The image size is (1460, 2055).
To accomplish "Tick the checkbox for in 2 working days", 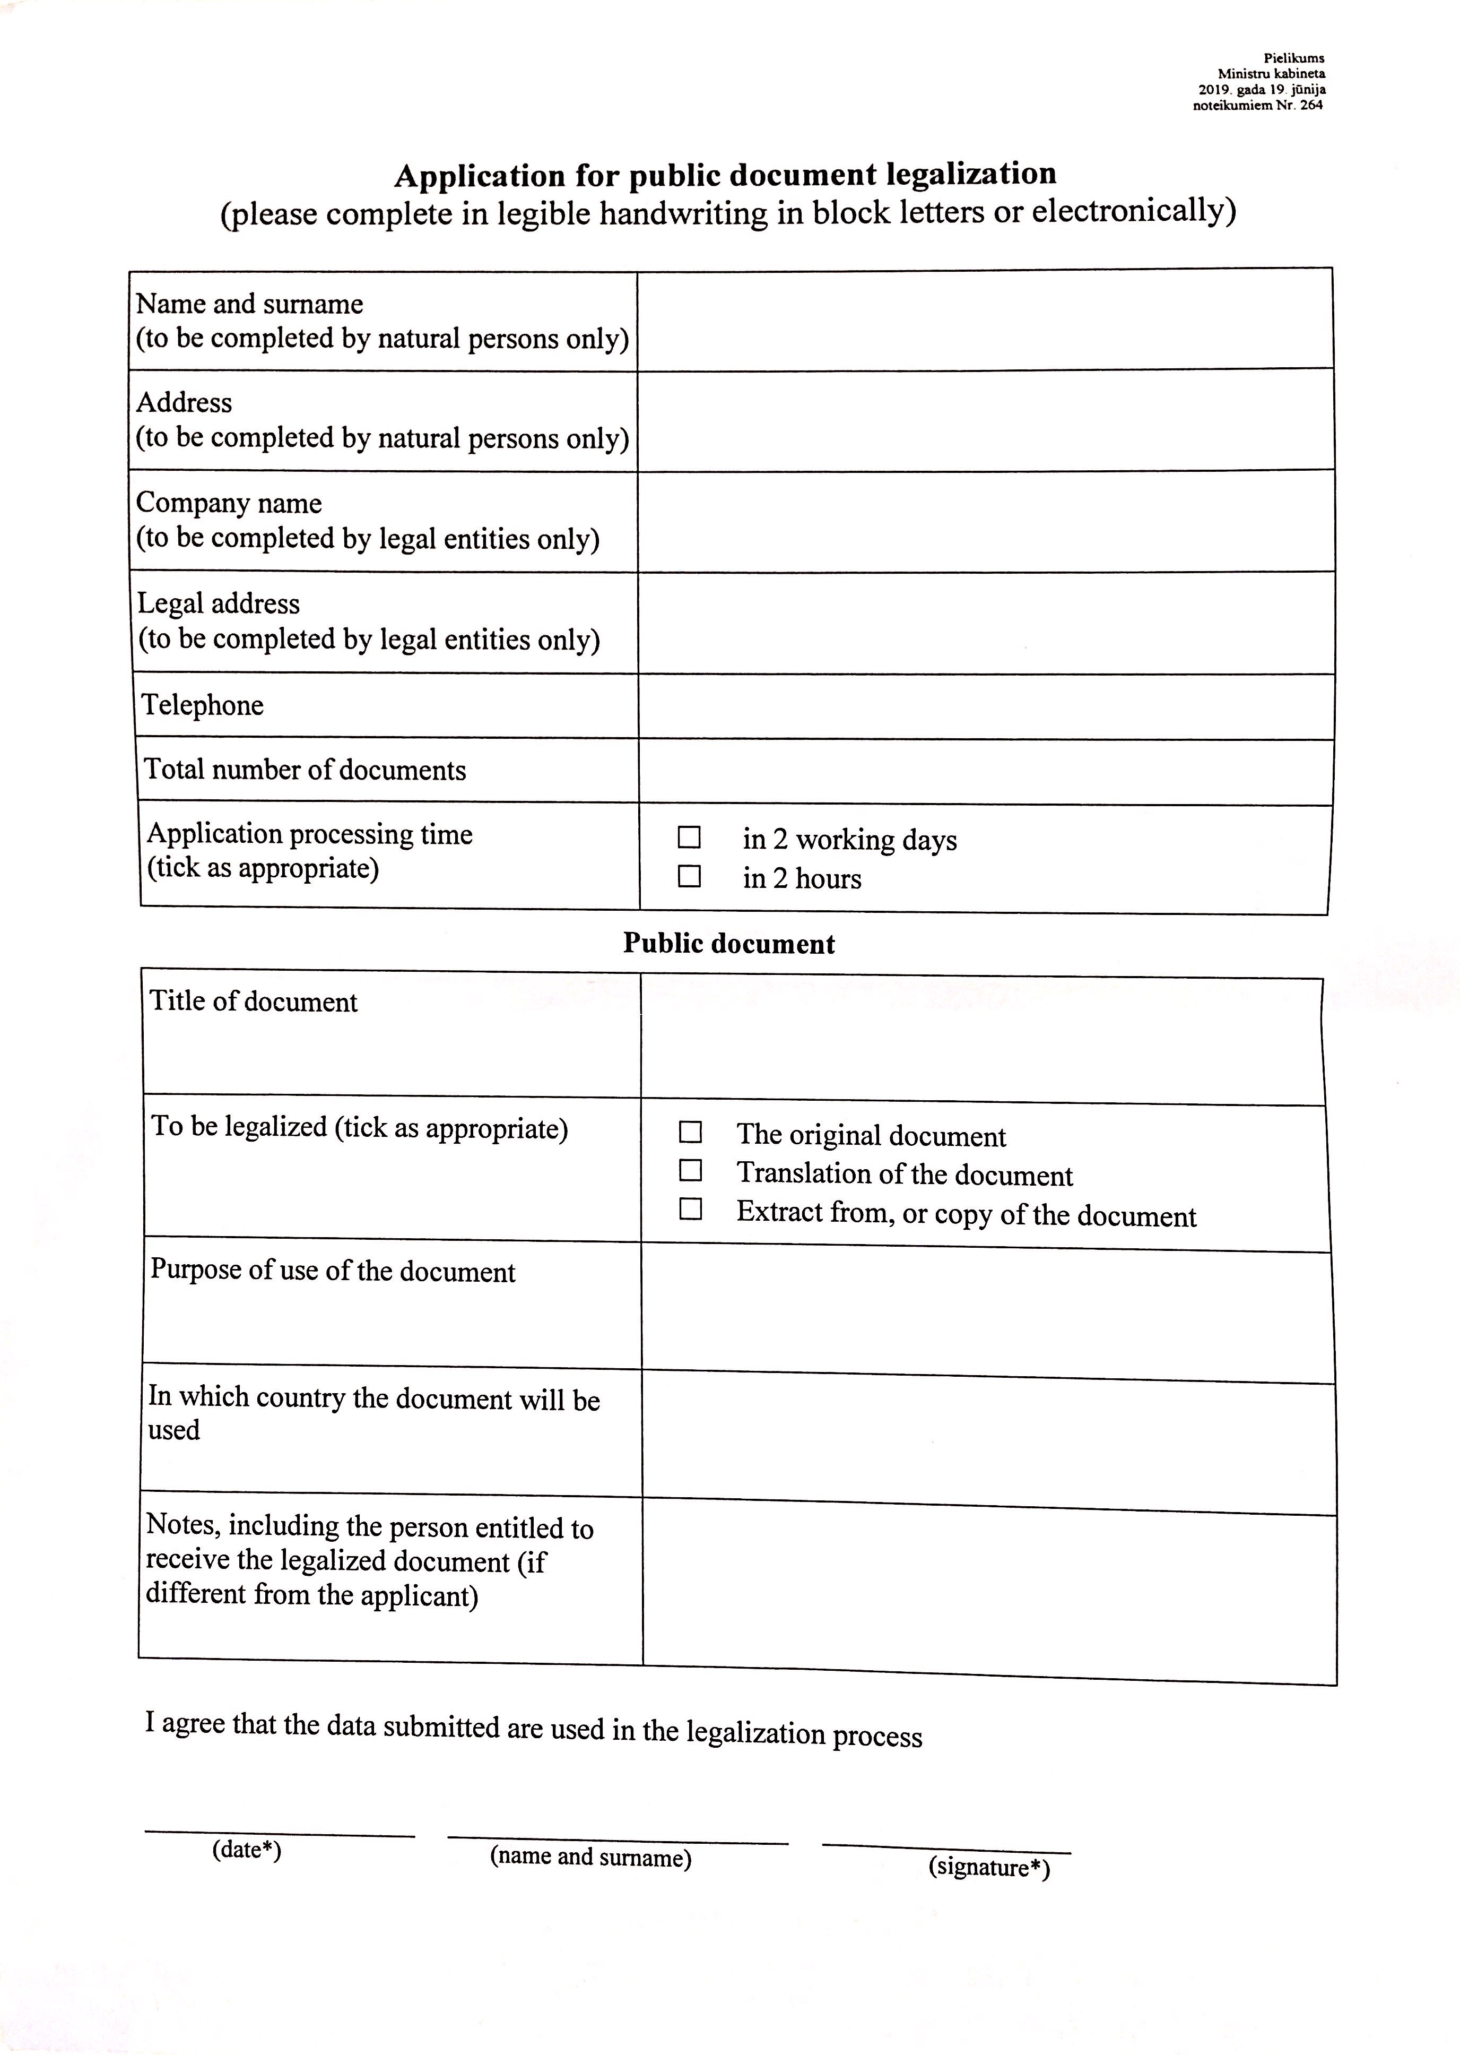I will pos(689,837).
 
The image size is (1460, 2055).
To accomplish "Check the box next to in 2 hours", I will pos(689,876).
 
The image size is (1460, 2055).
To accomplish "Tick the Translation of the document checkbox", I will pos(690,1170).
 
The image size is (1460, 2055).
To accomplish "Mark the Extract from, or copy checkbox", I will pos(690,1208).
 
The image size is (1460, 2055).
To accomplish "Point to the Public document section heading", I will pos(729,944).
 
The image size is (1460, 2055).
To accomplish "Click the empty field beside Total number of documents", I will pos(985,772).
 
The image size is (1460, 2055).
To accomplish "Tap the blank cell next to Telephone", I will pos(985,707).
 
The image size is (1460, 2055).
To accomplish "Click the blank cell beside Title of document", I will pos(981,1041).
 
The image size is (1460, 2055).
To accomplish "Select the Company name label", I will pos(229,503).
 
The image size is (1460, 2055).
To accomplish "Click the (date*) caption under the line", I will pos(246,1849).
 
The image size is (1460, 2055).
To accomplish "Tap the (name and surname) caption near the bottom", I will pos(590,1857).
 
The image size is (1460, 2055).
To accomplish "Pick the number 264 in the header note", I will pos(1311,105).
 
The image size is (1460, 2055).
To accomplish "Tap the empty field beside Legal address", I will pos(985,623).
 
